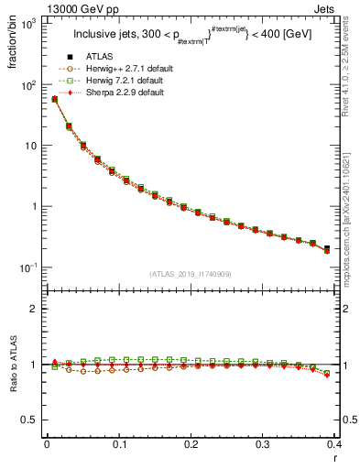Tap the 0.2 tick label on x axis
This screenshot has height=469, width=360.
click(191, 444)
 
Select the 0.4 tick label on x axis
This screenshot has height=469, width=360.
click(335, 444)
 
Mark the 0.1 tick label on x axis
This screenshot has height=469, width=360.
click(118, 444)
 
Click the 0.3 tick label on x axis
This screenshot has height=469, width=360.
click(263, 444)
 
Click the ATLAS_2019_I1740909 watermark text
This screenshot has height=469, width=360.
click(191, 273)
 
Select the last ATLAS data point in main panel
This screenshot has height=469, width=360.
click(327, 247)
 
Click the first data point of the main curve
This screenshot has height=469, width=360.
click(54, 99)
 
